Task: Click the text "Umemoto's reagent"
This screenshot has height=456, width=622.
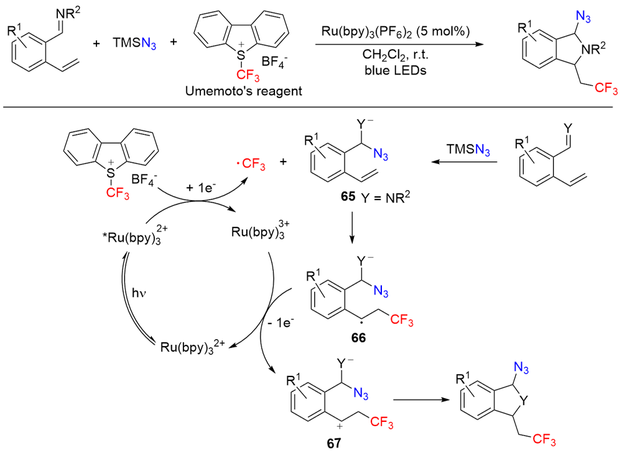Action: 244,91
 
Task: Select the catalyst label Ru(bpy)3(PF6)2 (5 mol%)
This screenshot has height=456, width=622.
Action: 396,31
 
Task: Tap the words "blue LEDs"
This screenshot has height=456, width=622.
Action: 396,71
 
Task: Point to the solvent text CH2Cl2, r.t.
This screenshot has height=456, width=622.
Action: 396,55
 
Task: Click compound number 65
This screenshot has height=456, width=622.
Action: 348,196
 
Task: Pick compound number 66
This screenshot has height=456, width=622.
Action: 358,337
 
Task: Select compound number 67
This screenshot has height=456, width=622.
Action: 334,443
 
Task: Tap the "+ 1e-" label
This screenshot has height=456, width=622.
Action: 201,187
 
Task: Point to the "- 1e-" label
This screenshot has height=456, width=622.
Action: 281,322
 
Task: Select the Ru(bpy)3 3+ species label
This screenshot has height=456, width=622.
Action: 260,230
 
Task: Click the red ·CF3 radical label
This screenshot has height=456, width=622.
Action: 251,163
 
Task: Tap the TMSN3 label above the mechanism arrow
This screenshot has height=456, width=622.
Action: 468,150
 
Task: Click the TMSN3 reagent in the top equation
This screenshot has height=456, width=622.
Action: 134,43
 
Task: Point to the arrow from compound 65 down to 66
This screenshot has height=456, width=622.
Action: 351,228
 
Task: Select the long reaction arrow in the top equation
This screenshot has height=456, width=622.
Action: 399,44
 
